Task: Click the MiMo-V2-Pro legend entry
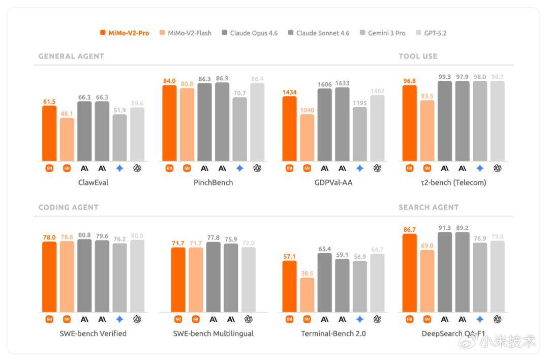(x=125, y=33)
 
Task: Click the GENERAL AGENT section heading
(x=71, y=56)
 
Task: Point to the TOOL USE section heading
(x=418, y=56)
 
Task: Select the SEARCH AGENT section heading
(x=429, y=207)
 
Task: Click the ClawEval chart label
(x=93, y=183)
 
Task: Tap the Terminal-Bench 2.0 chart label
(x=333, y=334)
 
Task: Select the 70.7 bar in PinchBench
(x=240, y=129)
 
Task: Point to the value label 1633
(x=342, y=83)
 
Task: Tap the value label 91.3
(x=445, y=228)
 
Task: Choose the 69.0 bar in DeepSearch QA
(x=427, y=281)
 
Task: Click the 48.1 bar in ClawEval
(x=67, y=140)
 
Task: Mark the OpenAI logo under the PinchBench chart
(x=257, y=168)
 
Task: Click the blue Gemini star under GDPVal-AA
(x=360, y=168)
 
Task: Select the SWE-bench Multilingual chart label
(x=213, y=334)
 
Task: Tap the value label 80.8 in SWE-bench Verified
(x=84, y=235)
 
